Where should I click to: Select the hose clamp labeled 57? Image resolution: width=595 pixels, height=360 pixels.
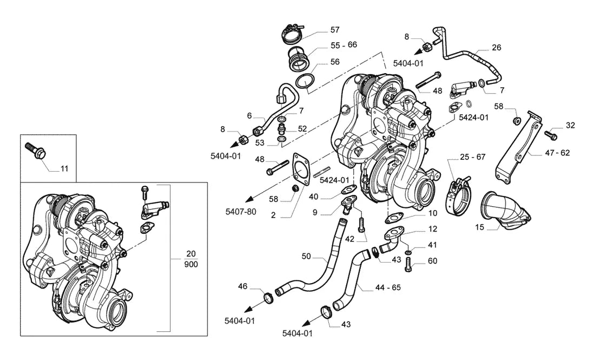[293, 34]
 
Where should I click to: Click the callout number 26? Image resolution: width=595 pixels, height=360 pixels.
[497, 48]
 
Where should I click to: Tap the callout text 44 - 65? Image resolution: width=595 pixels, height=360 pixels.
[388, 287]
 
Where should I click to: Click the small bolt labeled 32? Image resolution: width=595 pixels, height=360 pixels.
[549, 134]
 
